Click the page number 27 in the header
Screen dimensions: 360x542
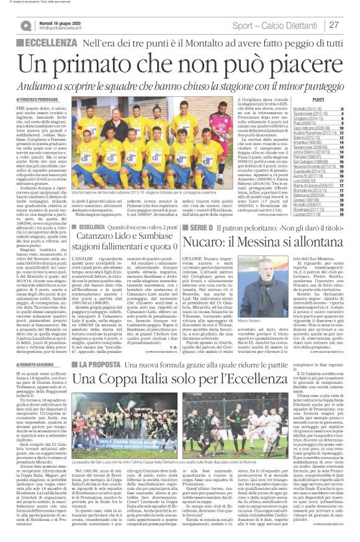pos(334,25)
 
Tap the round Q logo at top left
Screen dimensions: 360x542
pos(25,25)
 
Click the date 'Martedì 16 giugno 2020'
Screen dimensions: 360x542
pos(64,22)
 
